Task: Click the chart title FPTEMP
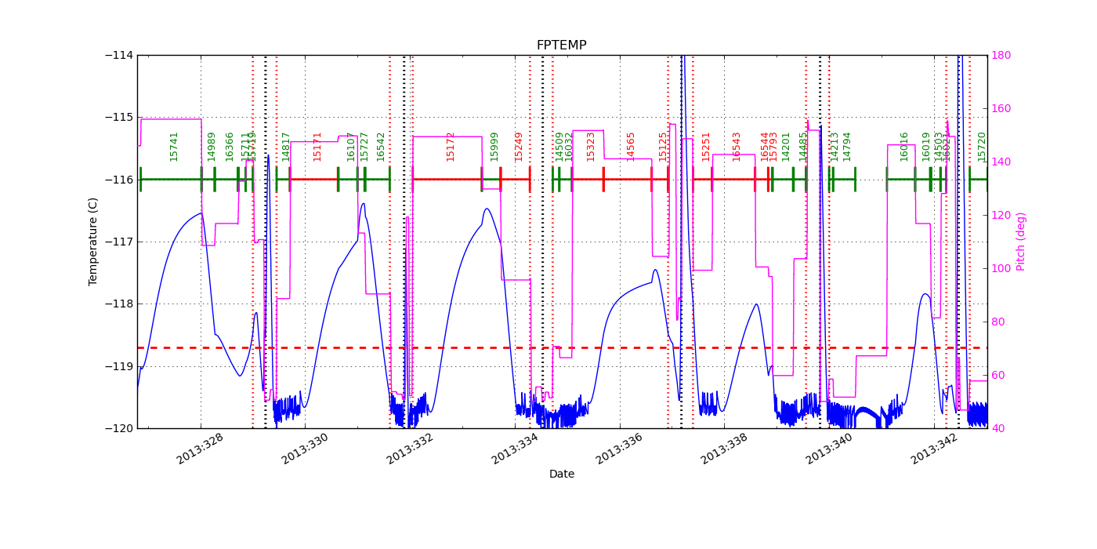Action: [x=561, y=45]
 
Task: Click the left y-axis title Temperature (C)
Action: [x=93, y=241]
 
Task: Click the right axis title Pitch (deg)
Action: [x=1021, y=241]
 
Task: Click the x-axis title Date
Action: [x=561, y=474]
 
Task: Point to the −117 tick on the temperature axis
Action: [x=119, y=242]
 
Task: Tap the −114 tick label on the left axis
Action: [x=119, y=55]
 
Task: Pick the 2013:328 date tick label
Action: [x=200, y=449]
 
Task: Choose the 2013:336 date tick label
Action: [x=619, y=449]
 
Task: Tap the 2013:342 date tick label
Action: [x=934, y=449]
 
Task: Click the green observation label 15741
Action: [x=174, y=146]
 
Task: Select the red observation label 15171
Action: [x=317, y=146]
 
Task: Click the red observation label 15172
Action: [x=451, y=146]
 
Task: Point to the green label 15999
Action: [x=494, y=146]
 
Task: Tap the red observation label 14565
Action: [x=631, y=146]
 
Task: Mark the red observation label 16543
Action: [x=737, y=146]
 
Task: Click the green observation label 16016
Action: [x=904, y=146]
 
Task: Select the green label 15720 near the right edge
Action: [x=982, y=146]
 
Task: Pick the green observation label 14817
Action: [x=286, y=146]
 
